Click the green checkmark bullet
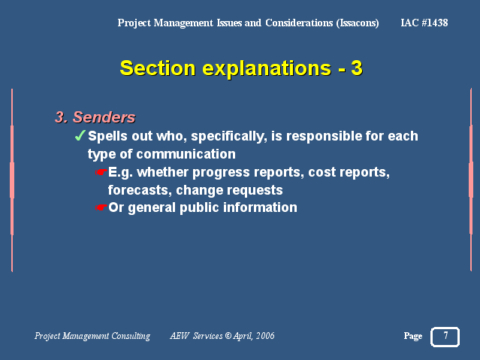point(80,135)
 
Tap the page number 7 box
point(445,337)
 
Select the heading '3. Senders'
point(95,117)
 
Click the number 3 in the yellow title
point(357,68)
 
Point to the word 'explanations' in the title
point(267,68)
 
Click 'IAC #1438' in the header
point(424,23)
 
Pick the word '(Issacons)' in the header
point(358,23)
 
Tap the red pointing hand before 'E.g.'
point(101,172)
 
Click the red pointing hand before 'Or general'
point(101,207)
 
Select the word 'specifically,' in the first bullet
point(228,136)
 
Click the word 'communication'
point(186,154)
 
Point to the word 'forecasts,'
point(140,190)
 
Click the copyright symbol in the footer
point(228,336)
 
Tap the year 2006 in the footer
point(265,336)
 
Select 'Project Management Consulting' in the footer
point(92,336)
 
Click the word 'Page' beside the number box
point(413,337)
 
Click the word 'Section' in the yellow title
point(158,68)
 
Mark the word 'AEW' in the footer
point(180,336)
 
